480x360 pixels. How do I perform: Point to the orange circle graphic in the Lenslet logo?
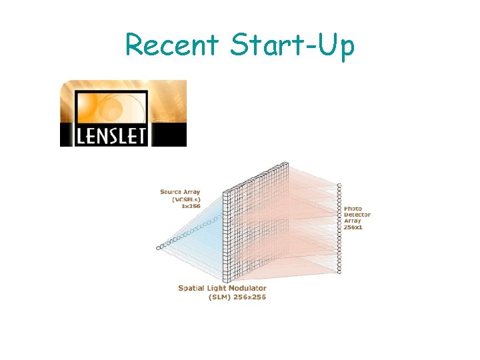click(x=120, y=103)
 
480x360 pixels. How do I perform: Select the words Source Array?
click(x=180, y=192)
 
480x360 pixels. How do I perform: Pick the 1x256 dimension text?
click(x=191, y=206)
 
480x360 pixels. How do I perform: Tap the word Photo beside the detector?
click(x=354, y=209)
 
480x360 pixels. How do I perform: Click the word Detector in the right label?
click(x=357, y=215)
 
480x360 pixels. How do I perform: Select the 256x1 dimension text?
click(x=354, y=227)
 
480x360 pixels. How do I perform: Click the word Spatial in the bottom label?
click(x=193, y=288)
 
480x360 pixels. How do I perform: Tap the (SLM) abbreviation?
click(x=219, y=297)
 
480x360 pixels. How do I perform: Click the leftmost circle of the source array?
click(x=159, y=248)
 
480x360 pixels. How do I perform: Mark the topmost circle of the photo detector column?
click(x=339, y=185)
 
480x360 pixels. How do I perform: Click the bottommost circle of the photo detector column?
click(x=339, y=272)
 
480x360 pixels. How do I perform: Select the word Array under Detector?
click(x=352, y=221)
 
